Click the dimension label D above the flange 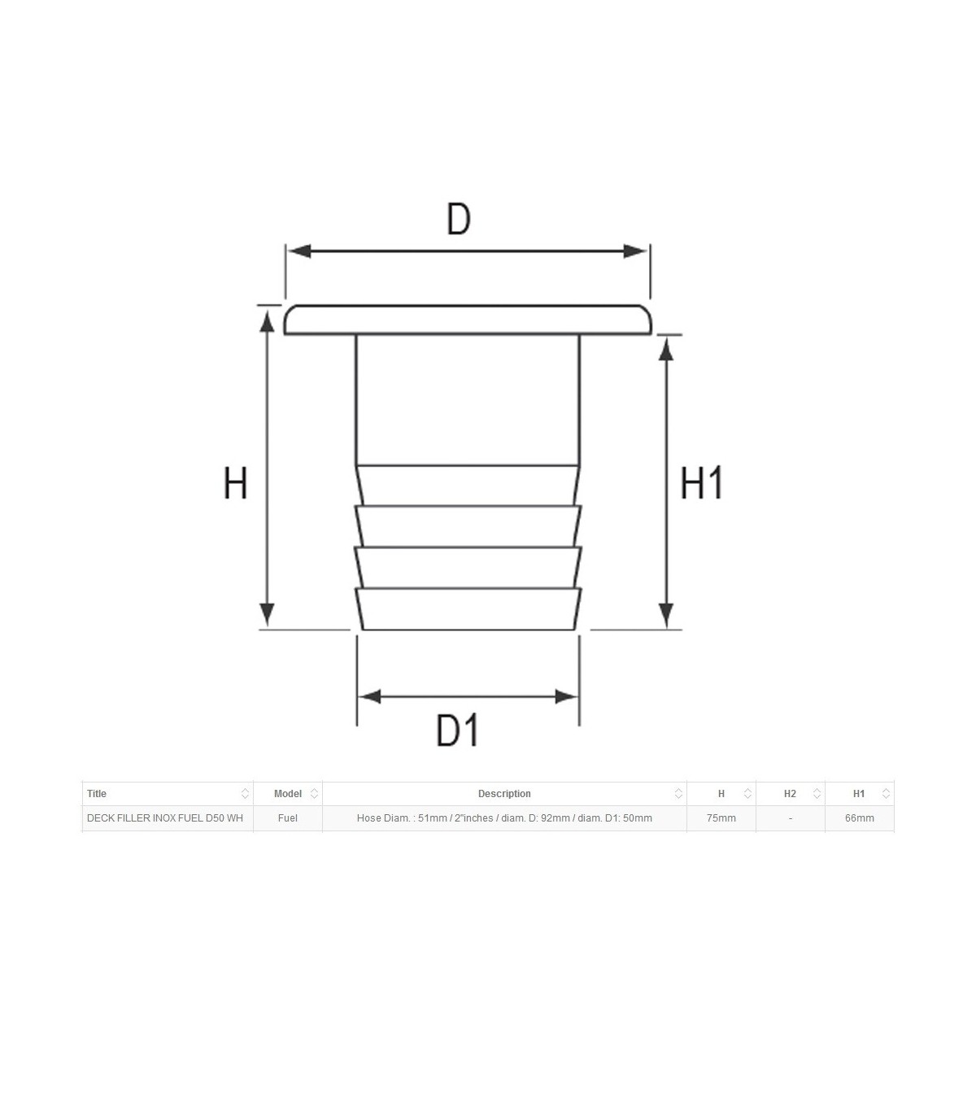(459, 219)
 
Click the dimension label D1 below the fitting (457, 730)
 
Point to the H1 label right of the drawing (702, 482)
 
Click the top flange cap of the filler (468, 320)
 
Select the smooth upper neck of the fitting (468, 400)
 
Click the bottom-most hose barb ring (468, 608)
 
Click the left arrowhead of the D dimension (299, 251)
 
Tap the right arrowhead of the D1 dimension (565, 696)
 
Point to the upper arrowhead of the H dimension (267, 321)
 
